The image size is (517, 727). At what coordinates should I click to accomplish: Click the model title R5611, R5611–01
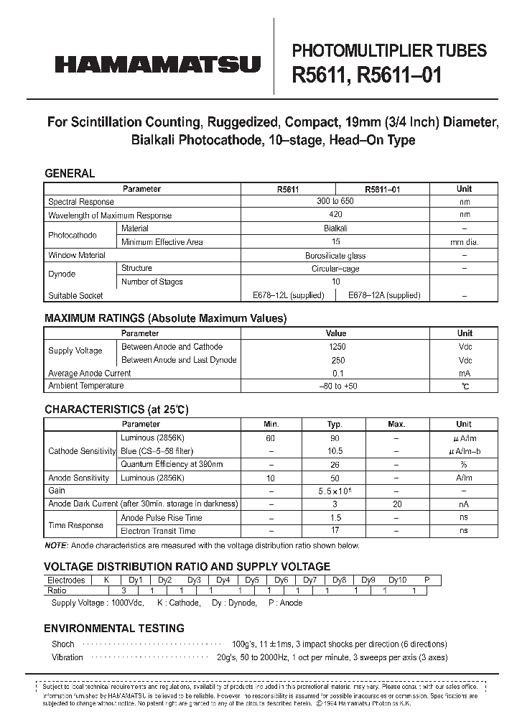coord(367,75)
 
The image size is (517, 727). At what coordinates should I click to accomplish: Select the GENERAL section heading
coord(70,173)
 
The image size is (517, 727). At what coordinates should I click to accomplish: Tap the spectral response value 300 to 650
coord(335,201)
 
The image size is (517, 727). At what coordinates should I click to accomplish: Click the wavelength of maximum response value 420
coord(335,215)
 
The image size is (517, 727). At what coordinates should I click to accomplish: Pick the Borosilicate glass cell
coord(335,255)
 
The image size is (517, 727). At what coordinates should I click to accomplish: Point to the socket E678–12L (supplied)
coord(288,295)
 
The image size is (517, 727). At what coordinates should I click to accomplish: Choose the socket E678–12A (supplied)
coord(384,295)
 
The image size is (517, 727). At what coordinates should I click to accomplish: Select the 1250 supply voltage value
coord(335,347)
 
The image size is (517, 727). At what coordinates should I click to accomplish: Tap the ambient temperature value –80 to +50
coord(335,386)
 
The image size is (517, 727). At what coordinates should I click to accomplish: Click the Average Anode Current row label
coord(89,373)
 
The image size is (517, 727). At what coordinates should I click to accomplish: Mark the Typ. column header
coord(335,424)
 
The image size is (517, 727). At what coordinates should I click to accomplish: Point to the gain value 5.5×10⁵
coord(335,491)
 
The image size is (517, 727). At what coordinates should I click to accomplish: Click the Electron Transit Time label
coord(158,531)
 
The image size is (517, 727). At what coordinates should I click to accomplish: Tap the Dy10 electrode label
coord(397,580)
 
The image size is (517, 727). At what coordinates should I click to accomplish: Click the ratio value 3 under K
coord(106,590)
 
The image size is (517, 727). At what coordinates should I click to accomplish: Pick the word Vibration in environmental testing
coord(67,657)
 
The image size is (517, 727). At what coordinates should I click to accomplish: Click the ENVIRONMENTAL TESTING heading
coord(114,628)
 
